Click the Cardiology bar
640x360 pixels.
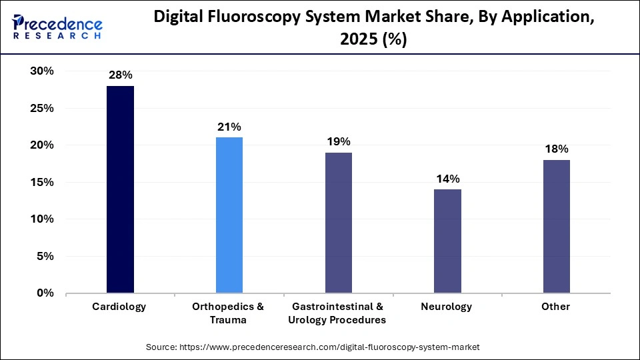pyautogui.click(x=121, y=189)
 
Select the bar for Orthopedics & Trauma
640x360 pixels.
pyautogui.click(x=229, y=215)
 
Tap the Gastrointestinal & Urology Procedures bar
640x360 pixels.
pyautogui.click(x=338, y=223)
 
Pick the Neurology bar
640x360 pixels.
pyautogui.click(x=447, y=241)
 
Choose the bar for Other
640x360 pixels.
pyautogui.click(x=556, y=226)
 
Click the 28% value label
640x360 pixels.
pyautogui.click(x=121, y=75)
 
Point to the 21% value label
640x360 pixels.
pyautogui.click(x=229, y=127)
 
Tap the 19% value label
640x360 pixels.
pyautogui.click(x=338, y=141)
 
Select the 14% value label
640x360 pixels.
pyautogui.click(x=447, y=179)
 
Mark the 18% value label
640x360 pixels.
pyautogui.click(x=556, y=149)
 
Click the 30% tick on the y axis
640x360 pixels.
pyautogui.click(x=41, y=71)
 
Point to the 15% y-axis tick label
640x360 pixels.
pyautogui.click(x=41, y=182)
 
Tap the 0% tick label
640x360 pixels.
pyautogui.click(x=45, y=293)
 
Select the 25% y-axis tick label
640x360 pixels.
pyautogui.click(x=41, y=108)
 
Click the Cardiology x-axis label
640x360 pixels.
pyautogui.click(x=121, y=307)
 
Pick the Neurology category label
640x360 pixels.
pyautogui.click(x=447, y=307)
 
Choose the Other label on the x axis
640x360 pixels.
pyautogui.click(x=556, y=307)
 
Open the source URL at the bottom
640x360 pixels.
pyautogui.click(x=313, y=347)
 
